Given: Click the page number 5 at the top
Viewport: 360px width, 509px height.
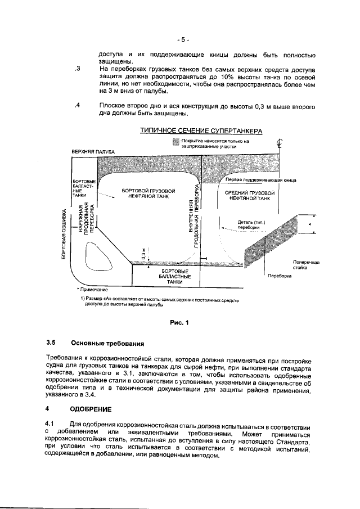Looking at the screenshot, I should pyautogui.click(x=182, y=40).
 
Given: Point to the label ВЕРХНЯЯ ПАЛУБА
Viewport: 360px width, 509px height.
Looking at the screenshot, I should pyautogui.click(x=93, y=152).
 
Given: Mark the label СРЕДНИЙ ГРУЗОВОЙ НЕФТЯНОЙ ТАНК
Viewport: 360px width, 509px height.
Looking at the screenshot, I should pyautogui.click(x=249, y=195).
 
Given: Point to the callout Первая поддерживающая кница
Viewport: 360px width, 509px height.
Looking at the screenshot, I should pyautogui.click(x=260, y=180).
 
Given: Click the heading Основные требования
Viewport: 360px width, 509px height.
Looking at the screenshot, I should pyautogui.click(x=107, y=343).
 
